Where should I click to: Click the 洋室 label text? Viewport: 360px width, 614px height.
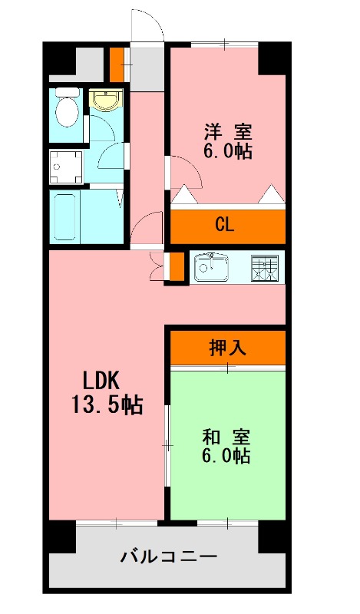click(x=228, y=130)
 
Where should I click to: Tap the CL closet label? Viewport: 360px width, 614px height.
click(x=224, y=226)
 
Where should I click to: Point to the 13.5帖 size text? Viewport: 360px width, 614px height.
click(x=107, y=404)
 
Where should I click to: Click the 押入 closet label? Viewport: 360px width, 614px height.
click(x=227, y=348)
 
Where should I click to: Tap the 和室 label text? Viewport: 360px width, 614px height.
click(x=226, y=437)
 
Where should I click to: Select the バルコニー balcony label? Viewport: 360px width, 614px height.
click(x=168, y=556)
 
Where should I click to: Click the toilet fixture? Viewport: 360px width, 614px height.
click(x=68, y=109)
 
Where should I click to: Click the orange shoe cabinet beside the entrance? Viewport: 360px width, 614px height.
click(x=116, y=64)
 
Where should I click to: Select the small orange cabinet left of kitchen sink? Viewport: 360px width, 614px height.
click(x=176, y=266)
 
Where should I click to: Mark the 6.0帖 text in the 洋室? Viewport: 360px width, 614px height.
click(x=228, y=150)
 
